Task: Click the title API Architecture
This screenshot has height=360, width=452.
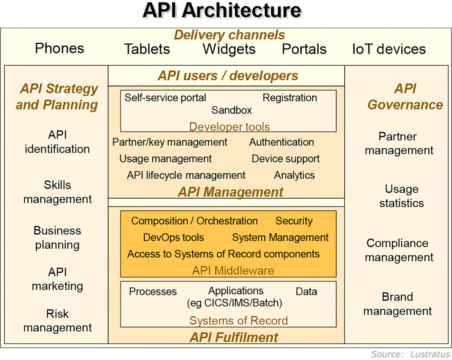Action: tap(222, 11)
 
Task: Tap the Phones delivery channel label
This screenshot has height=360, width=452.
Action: tap(60, 48)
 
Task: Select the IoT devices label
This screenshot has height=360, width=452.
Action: tap(389, 49)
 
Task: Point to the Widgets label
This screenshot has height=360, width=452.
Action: tap(229, 49)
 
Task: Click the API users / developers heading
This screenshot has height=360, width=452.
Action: tap(228, 76)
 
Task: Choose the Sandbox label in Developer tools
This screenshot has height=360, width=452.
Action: tap(232, 110)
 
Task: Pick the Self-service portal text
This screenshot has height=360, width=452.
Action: tap(165, 98)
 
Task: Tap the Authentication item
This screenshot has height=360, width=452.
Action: tap(282, 142)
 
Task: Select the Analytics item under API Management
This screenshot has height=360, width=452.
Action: tap(294, 176)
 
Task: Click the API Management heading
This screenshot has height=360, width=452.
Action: tap(230, 192)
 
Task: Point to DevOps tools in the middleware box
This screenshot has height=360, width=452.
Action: tap(173, 237)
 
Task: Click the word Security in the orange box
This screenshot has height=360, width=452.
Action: tap(294, 221)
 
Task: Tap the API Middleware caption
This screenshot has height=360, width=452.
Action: tap(233, 271)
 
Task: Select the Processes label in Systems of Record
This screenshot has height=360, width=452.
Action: tap(153, 292)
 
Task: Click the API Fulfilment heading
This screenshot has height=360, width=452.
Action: tap(234, 337)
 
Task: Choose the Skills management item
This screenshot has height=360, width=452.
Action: tap(58, 192)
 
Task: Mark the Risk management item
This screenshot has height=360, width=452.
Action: tap(58, 321)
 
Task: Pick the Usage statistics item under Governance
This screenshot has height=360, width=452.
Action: tap(402, 196)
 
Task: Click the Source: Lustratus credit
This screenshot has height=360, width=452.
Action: tap(411, 354)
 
